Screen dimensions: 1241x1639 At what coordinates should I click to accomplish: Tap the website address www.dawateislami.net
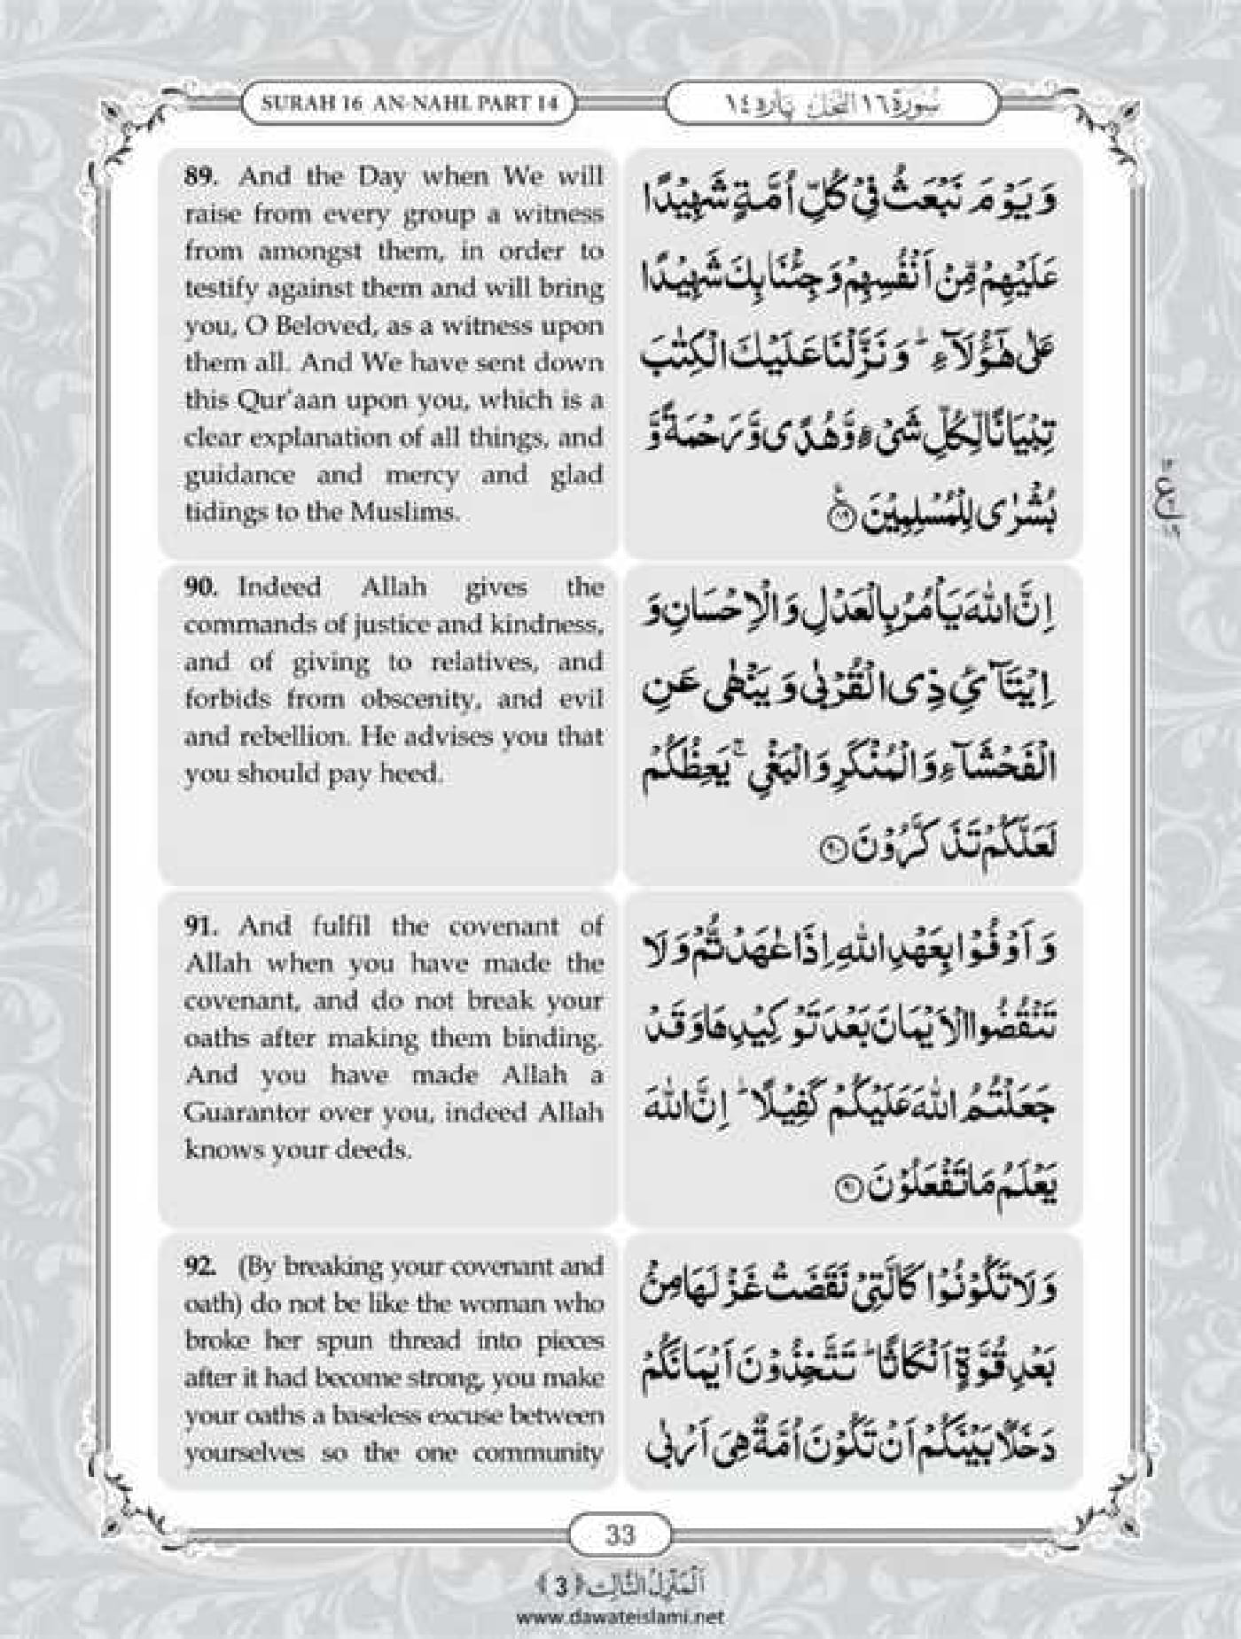coord(620,1615)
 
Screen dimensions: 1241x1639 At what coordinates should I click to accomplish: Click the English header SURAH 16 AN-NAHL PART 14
coord(410,103)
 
